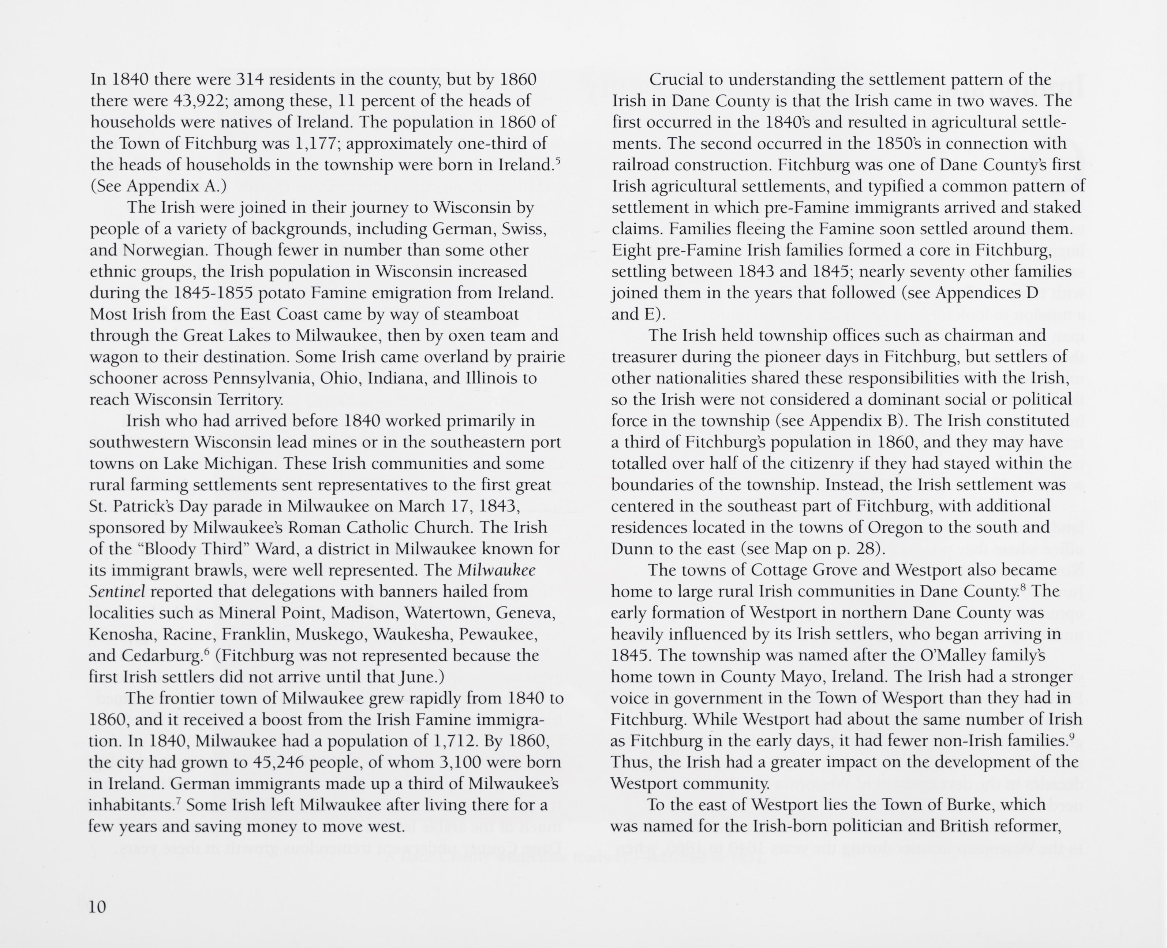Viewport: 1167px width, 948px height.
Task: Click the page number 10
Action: click(97, 907)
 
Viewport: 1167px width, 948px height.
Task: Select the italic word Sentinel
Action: click(117, 591)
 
